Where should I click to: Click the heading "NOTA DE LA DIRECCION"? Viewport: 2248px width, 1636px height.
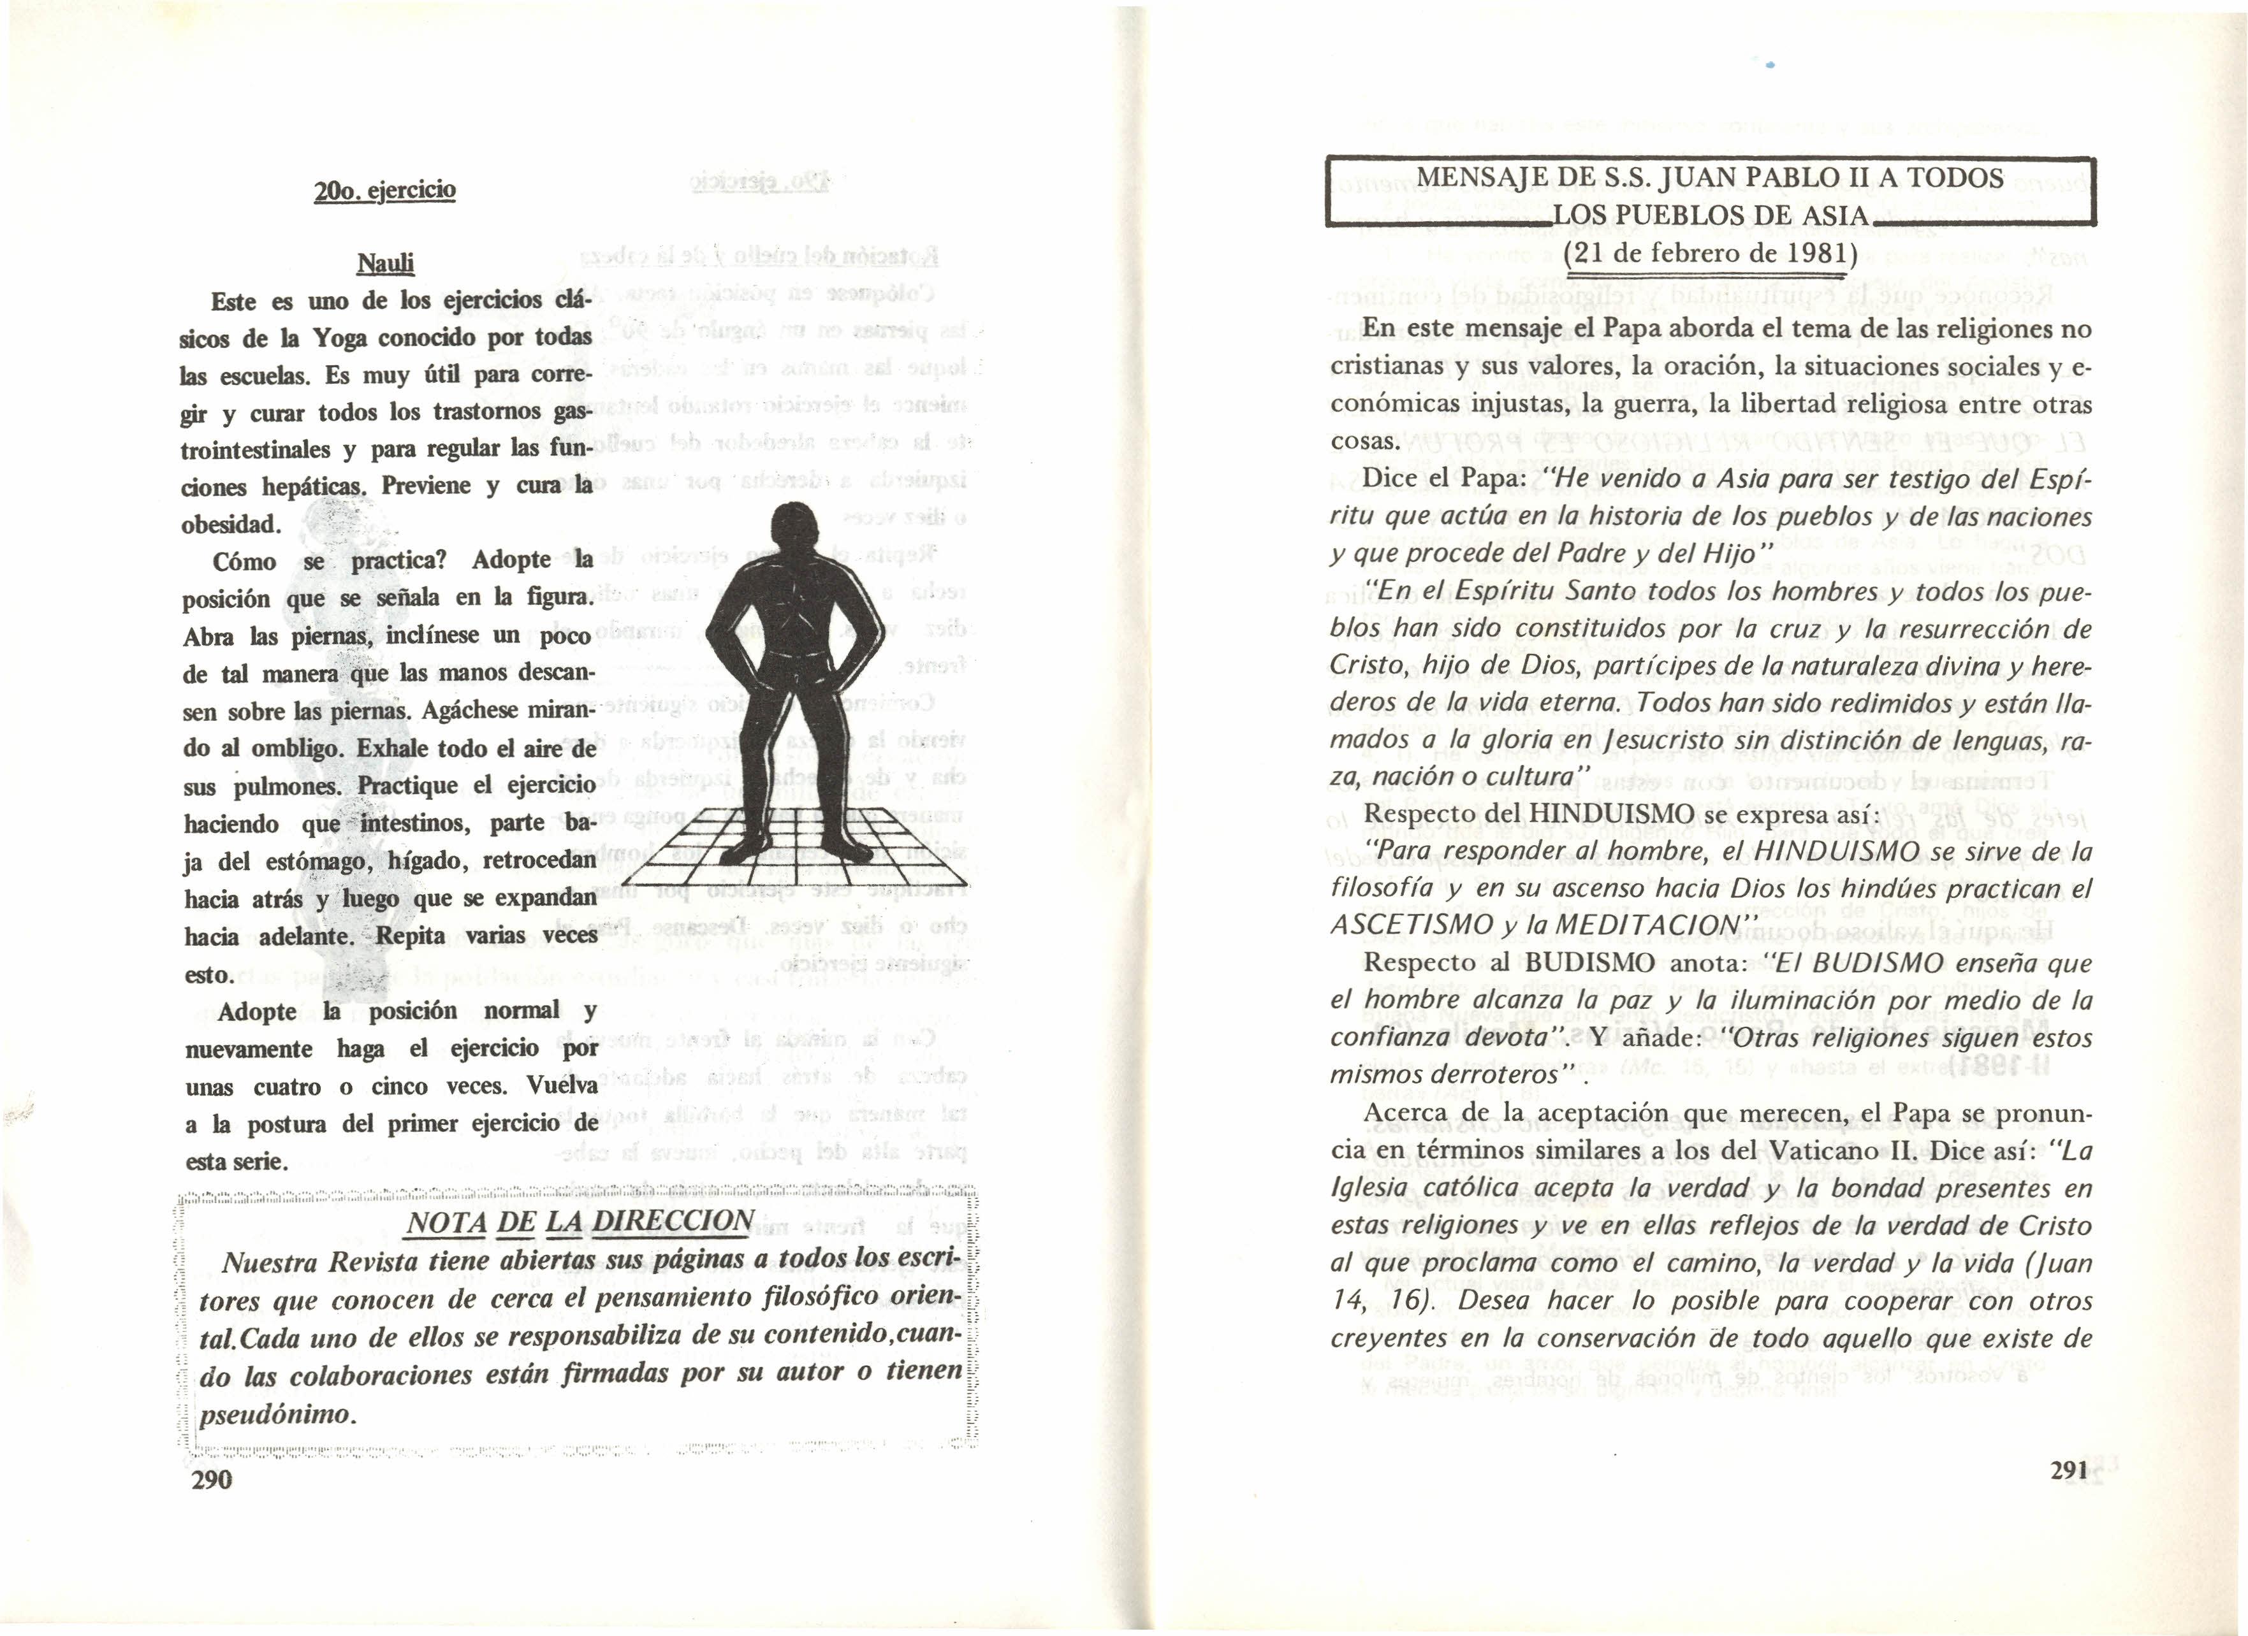(580, 1221)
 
